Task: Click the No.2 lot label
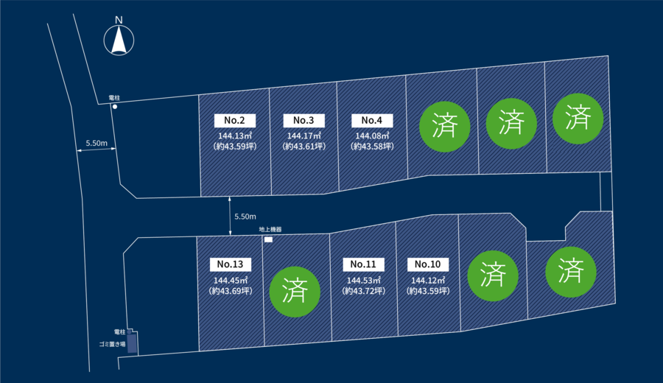(x=235, y=121)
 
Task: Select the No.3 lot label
(x=304, y=121)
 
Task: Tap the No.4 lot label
(x=372, y=121)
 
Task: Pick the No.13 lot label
(x=231, y=264)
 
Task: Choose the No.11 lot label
(x=363, y=264)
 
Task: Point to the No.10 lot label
(x=428, y=264)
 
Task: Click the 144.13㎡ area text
(x=235, y=136)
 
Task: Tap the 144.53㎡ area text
(x=364, y=281)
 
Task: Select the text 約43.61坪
(x=304, y=147)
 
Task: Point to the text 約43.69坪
(x=231, y=291)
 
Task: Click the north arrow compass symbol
(x=119, y=41)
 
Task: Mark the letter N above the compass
(x=119, y=19)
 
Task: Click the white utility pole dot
(x=115, y=107)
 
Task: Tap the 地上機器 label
(x=270, y=229)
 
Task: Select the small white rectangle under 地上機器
(x=268, y=239)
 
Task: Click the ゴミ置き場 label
(x=112, y=344)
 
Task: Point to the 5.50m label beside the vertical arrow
(x=245, y=217)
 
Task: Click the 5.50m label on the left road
(x=97, y=143)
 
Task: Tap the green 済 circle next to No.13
(x=295, y=292)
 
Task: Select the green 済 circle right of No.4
(x=444, y=127)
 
